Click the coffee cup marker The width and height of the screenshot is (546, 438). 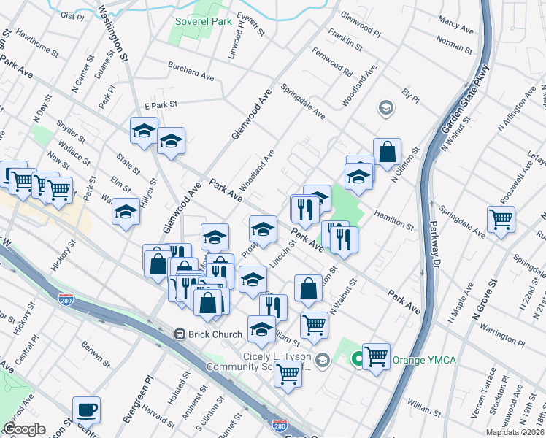[x=86, y=410]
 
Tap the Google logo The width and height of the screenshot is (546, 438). [x=24, y=429]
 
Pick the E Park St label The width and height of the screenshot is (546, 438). [x=161, y=105]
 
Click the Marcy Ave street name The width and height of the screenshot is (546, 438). [x=456, y=26]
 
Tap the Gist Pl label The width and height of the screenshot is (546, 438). [x=73, y=15]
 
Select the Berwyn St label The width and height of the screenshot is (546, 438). [x=96, y=355]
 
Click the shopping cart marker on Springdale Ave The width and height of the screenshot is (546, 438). [x=501, y=219]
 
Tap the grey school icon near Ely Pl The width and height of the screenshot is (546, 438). [x=385, y=109]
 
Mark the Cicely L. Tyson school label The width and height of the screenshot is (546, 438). [x=278, y=361]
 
